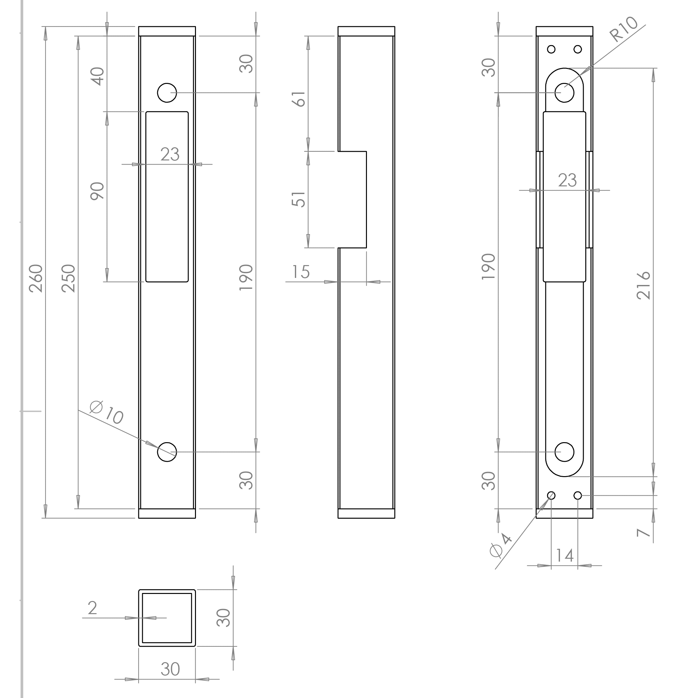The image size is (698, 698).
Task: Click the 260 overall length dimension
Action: pos(36,278)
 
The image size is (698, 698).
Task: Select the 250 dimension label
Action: pos(69,278)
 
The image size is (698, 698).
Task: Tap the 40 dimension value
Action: pos(98,76)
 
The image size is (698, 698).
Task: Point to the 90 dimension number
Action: pos(98,191)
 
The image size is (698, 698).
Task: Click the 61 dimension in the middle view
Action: pos(299,99)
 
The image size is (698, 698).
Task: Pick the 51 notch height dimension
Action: pos(299,199)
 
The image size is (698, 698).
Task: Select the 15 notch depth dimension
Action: pos(301,272)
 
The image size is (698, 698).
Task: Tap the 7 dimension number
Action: pos(644,533)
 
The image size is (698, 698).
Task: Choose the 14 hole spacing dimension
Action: pos(565,556)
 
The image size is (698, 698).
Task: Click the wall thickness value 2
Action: pos(93,608)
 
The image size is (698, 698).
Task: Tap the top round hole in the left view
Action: pos(167,93)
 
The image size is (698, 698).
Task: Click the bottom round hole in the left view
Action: pos(167,452)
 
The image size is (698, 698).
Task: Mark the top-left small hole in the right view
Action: pos(551,49)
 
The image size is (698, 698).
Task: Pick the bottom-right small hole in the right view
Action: pos(578,495)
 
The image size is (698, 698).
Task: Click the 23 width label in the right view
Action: pos(568,180)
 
